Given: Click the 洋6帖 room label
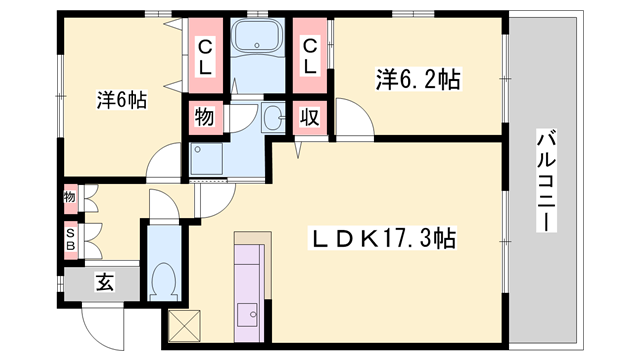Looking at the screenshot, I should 123,99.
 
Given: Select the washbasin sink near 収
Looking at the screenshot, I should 273,118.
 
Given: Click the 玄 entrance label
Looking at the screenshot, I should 104,283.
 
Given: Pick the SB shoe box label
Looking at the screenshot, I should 70,240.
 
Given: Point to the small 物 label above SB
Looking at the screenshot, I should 70,198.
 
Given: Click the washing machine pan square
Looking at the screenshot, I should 208,159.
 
